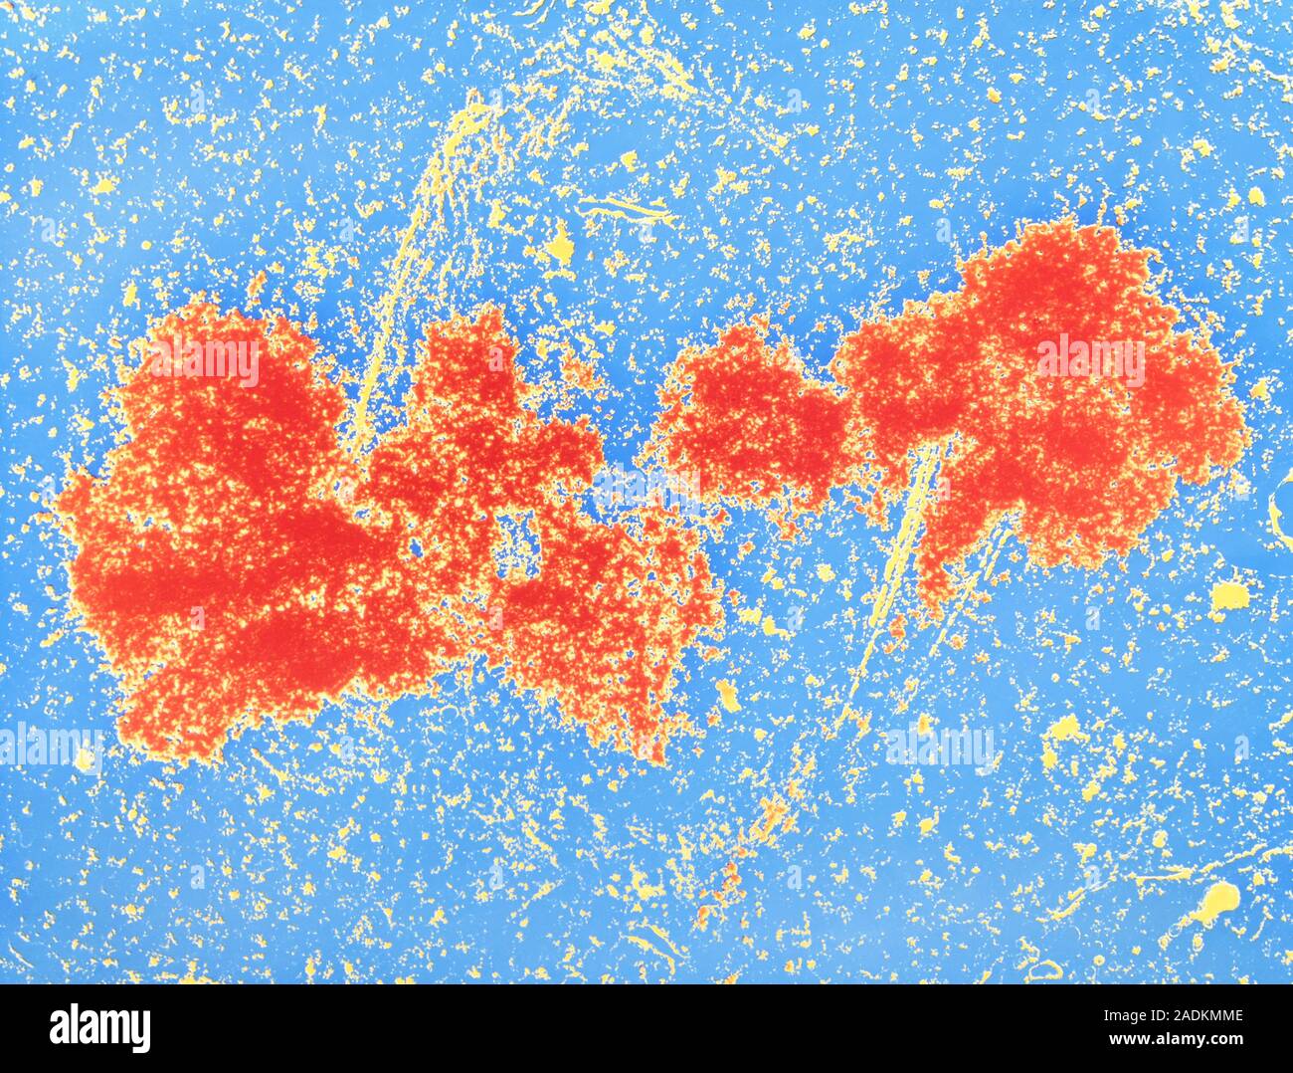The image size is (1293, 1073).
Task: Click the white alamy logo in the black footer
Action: (x=99, y=1027)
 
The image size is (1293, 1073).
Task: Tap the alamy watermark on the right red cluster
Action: (x=1090, y=360)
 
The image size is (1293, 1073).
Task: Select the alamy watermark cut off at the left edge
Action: (x=50, y=746)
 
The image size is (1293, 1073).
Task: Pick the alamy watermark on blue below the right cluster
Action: (x=939, y=746)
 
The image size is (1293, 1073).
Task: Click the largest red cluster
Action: (x=229, y=537)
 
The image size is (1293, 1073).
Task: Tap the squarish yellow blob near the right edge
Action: (x=1231, y=595)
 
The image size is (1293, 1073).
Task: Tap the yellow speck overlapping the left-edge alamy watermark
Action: (x=86, y=761)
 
